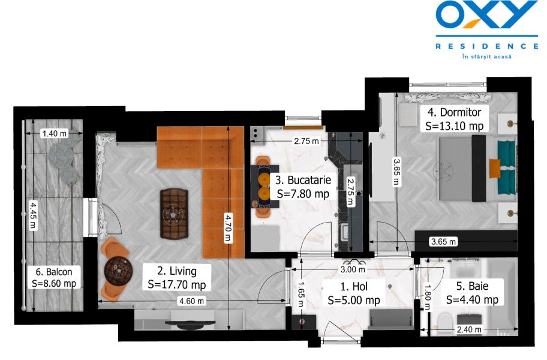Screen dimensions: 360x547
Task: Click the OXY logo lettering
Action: click(486, 16)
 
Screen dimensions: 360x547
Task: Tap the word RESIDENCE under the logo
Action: click(486, 46)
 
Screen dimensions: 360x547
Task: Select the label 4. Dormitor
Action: click(454, 112)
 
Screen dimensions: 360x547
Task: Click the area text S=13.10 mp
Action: click(454, 127)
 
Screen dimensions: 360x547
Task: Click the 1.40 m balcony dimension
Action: click(54, 134)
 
